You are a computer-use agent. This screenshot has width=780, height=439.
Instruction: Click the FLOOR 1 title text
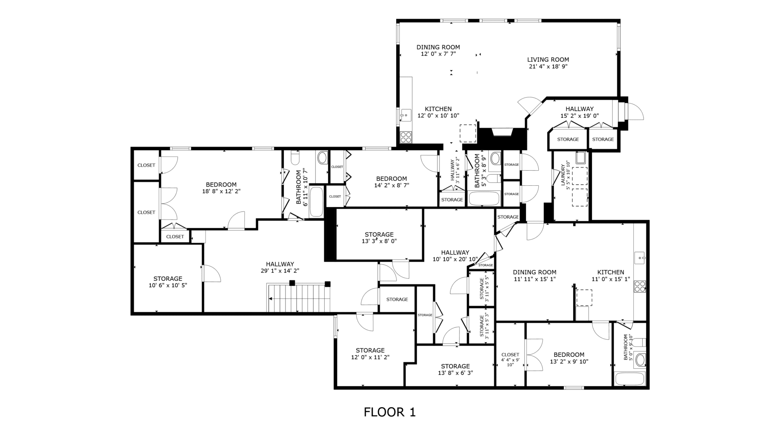coord(390,412)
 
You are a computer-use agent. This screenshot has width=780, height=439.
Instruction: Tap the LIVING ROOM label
coord(548,60)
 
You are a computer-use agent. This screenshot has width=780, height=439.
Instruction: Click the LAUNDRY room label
coord(563,175)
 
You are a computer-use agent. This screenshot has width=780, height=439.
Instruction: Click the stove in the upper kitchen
coord(406,137)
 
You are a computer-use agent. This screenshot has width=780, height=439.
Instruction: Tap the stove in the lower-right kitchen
coord(640,287)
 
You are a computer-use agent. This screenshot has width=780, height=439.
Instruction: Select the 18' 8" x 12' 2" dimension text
coord(221,191)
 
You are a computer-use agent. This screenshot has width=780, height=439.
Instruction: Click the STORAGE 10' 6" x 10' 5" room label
coord(168,282)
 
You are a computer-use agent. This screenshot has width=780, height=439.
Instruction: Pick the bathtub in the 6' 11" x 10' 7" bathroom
coord(316,202)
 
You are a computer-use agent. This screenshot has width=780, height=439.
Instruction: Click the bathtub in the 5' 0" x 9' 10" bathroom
coord(630,378)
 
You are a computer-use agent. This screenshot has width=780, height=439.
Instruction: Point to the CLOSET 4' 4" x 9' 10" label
coord(510,360)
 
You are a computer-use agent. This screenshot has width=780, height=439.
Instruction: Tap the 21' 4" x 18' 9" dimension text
coord(548,67)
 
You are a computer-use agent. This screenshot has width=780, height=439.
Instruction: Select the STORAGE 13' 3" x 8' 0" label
coord(379,237)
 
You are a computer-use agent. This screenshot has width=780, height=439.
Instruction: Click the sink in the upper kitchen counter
coord(405,115)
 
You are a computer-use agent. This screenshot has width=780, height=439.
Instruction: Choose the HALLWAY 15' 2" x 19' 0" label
coord(580,112)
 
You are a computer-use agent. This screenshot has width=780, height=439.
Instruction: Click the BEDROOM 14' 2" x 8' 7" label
coord(392,182)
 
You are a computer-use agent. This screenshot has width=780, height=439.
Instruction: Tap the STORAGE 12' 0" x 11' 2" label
coord(370,354)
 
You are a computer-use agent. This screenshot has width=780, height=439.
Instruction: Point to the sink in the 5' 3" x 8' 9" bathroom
coord(496,158)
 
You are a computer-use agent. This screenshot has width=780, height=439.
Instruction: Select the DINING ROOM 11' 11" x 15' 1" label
coord(535,276)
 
